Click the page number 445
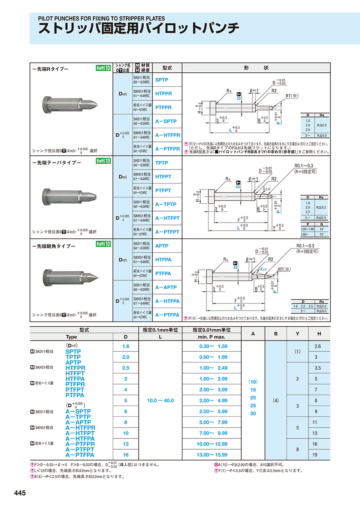[x=20, y=493]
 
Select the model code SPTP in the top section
[x=162, y=80]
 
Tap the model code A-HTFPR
[x=168, y=135]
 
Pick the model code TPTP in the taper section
[x=162, y=163]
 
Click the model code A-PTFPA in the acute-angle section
[x=167, y=315]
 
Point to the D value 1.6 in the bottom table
[x=126, y=346]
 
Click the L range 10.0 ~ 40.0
[x=160, y=400]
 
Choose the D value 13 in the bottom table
[x=126, y=444]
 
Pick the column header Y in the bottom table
[x=297, y=333]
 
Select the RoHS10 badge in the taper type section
[x=103, y=161]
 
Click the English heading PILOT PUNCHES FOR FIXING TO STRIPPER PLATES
[x=101, y=18]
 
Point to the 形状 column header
[x=256, y=68]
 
